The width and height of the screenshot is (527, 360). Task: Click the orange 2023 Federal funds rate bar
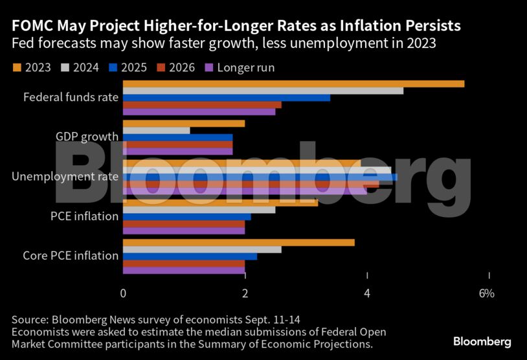point(293,84)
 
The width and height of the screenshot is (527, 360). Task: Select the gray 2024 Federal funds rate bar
point(263,91)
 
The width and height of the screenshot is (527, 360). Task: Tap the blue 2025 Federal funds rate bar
point(227,98)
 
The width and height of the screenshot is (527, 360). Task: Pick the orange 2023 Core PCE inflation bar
point(239,242)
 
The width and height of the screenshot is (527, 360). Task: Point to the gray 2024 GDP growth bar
point(156,130)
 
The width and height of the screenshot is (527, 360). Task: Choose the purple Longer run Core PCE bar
point(184,271)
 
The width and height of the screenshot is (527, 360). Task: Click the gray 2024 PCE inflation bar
point(199,209)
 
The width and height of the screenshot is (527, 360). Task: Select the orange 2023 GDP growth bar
point(184,123)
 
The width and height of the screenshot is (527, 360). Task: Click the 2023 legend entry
point(32,67)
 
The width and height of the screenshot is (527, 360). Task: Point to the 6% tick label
point(486,293)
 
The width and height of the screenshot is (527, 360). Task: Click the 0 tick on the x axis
point(123,293)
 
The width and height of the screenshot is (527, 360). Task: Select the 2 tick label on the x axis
point(245,293)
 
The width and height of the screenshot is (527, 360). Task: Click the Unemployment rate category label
point(65,176)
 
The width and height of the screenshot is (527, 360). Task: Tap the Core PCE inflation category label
point(71,256)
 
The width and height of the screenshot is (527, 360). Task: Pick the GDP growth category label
point(87,137)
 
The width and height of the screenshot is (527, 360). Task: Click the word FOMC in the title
point(30,26)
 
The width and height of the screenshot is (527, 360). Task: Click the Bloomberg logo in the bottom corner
point(482,341)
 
